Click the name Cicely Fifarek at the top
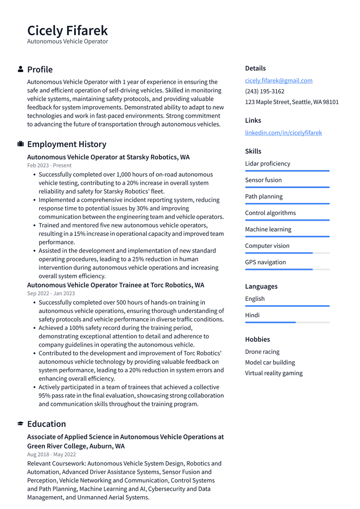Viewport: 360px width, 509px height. (x=67, y=30)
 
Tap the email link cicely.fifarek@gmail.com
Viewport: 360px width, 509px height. (x=278, y=81)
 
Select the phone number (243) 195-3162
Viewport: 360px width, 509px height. (x=264, y=91)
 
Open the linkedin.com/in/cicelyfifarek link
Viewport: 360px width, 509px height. (x=283, y=133)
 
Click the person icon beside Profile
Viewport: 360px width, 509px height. (x=21, y=69)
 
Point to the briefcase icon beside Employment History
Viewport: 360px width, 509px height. (x=21, y=144)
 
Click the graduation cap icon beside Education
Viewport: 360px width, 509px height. (x=21, y=424)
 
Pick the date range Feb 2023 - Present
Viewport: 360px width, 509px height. (x=49, y=165)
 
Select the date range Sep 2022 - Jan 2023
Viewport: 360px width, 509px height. (x=51, y=293)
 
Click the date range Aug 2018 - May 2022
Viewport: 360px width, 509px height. (x=52, y=454)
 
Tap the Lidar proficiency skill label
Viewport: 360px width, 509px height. (x=267, y=164)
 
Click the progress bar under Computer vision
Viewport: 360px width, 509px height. (x=287, y=253)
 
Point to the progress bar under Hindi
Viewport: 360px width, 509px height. (x=287, y=322)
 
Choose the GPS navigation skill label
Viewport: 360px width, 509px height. (x=265, y=262)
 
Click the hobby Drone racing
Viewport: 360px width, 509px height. (x=262, y=352)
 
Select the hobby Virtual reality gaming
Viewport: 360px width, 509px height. (x=274, y=373)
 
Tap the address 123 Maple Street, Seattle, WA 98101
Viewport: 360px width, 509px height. (x=292, y=102)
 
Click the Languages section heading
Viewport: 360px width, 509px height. (x=261, y=286)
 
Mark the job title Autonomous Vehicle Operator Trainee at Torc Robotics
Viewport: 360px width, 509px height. (x=115, y=285)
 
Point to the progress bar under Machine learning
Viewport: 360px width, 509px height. (x=287, y=237)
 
